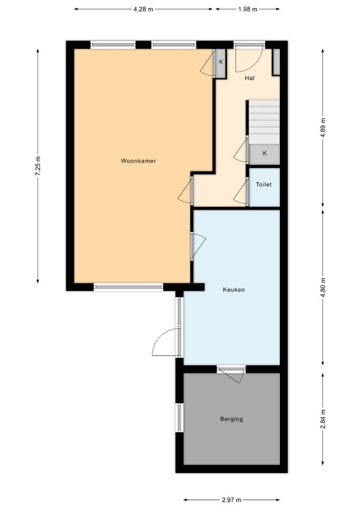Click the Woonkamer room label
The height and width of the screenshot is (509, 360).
(138, 160)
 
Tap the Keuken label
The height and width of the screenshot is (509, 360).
(234, 289)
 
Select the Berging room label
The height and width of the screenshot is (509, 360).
(232, 419)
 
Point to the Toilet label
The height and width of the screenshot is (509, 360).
(264, 184)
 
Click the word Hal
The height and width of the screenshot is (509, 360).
(249, 78)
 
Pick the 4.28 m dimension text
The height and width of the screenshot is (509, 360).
(143, 9)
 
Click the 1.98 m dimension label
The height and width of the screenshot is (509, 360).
(248, 9)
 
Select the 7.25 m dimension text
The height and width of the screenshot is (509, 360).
(38, 166)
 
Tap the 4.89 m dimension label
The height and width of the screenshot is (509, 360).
(323, 127)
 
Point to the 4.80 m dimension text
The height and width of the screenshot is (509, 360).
(323, 287)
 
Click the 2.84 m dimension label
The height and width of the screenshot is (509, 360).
(323, 419)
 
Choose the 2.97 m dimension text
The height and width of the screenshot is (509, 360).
(232, 500)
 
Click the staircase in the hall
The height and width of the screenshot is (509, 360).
(264, 122)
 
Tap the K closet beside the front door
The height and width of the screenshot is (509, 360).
(221, 63)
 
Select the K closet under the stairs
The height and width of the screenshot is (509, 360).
(265, 153)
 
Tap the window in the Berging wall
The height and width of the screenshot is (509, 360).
(179, 417)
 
